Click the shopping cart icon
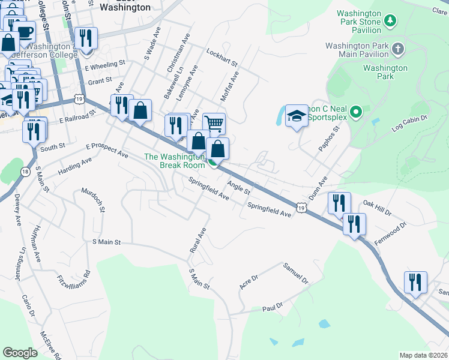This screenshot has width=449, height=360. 214,124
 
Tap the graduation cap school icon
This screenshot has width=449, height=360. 296,116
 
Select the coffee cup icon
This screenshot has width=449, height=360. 25,32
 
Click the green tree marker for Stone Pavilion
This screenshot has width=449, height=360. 391,22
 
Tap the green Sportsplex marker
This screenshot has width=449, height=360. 355,112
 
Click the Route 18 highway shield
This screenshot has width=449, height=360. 24,172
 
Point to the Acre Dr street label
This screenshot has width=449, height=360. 249,282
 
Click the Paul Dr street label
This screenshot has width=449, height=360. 273,308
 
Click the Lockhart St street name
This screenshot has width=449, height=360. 222,58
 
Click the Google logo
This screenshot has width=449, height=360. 20,353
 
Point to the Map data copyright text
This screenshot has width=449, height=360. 423,355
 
